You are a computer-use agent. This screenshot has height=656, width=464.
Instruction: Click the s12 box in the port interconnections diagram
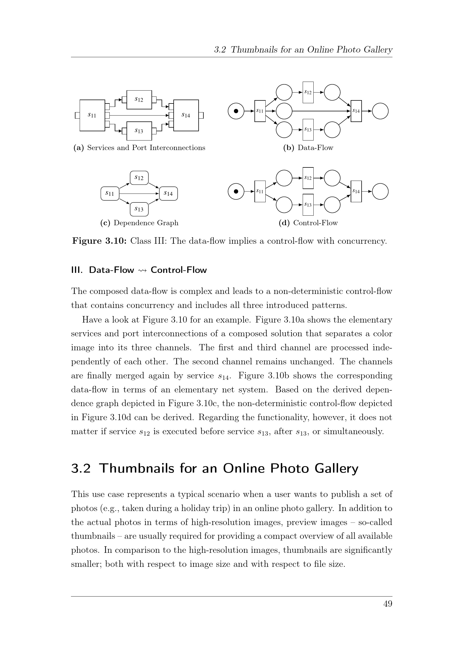click(x=139, y=100)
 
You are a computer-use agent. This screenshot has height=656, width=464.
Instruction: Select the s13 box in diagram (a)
click(x=139, y=131)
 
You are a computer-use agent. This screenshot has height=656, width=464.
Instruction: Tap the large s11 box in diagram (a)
click(x=92, y=115)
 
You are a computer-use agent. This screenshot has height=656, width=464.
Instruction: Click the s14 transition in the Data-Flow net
click(x=356, y=111)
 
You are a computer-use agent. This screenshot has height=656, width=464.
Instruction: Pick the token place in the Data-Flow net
click(x=236, y=111)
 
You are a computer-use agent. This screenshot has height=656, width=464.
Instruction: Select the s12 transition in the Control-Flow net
click(x=308, y=178)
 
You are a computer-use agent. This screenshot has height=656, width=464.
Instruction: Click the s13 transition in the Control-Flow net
click(x=308, y=204)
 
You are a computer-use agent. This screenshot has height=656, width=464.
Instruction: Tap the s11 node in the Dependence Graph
click(x=110, y=194)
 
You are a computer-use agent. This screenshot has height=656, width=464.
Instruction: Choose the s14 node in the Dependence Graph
click(x=168, y=194)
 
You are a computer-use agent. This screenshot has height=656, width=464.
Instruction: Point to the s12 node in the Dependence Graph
click(x=139, y=178)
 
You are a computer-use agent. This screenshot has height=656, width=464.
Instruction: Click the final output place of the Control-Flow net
click(x=380, y=192)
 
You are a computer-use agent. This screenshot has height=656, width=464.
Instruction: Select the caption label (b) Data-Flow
click(x=308, y=148)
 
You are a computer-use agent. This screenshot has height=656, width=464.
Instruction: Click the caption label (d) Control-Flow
click(x=308, y=223)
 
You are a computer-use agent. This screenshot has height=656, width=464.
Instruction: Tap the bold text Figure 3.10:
click(x=99, y=241)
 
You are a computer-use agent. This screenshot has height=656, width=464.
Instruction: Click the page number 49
click(x=388, y=604)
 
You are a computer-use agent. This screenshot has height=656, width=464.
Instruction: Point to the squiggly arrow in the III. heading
click(x=142, y=270)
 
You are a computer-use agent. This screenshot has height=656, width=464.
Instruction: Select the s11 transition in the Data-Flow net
click(x=260, y=111)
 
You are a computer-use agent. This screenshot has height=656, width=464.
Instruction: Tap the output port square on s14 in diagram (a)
click(x=201, y=116)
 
